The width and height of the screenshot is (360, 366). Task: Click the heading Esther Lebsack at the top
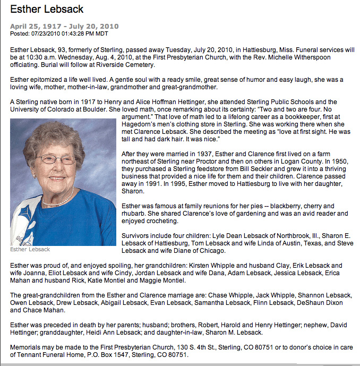[x=47, y=10]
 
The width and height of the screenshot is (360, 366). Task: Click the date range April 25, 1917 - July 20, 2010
[x=64, y=26]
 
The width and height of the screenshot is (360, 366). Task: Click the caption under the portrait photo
[x=30, y=249]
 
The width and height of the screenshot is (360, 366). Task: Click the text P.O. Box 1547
[x=98, y=354]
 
